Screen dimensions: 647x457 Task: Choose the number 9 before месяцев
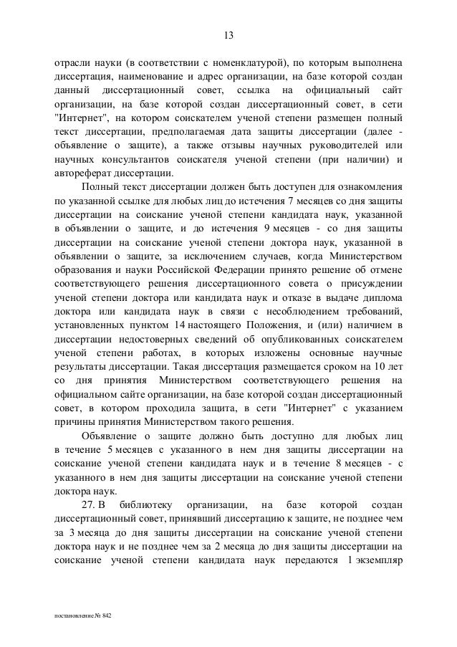266,229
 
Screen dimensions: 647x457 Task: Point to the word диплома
380,299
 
